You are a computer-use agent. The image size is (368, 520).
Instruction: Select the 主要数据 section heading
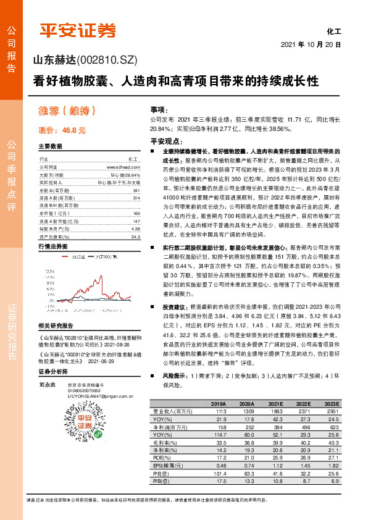tap(50, 146)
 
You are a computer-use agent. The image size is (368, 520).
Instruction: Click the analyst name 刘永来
tap(46, 384)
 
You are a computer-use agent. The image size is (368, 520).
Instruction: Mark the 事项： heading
tap(159, 109)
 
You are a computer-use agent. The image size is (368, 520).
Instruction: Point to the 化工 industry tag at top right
tap(333, 30)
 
